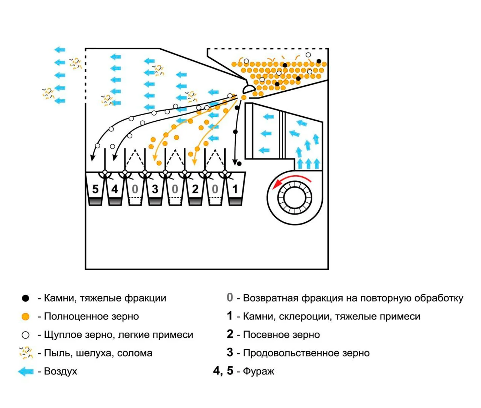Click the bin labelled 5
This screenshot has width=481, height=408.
95,189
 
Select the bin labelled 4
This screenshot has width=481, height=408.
115,189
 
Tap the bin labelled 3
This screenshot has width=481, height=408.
155,189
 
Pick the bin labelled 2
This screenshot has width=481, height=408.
195,189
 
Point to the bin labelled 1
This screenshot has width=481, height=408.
235,189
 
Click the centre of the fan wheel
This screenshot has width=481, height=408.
295,198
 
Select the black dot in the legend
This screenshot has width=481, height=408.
25,298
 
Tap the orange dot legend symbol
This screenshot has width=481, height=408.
25,317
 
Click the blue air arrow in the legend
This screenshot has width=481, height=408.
26,372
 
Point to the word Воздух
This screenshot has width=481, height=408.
60,371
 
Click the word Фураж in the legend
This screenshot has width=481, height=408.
259,371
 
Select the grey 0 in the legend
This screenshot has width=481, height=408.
230,297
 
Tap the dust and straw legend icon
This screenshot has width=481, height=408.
26,353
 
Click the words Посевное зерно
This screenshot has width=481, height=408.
281,335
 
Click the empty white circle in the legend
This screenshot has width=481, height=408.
25,335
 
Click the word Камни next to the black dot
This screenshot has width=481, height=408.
58,298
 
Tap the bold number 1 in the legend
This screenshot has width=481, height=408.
230,316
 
